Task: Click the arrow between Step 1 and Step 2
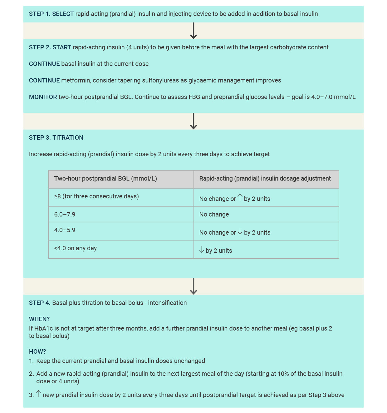coord(193,31)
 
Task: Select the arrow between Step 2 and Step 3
coord(193,121)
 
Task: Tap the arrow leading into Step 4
coord(193,286)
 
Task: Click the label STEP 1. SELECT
coord(51,14)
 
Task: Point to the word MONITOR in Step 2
coord(43,97)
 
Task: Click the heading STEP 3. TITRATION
coord(56,137)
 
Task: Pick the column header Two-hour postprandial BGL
coord(105,178)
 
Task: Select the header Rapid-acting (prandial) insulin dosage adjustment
coord(265,178)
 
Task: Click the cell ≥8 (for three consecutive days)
coord(96,196)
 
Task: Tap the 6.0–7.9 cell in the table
coord(65,214)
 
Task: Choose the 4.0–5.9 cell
coord(65,230)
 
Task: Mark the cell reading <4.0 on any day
coord(75,248)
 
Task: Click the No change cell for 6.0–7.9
coord(214,214)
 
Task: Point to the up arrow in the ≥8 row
coord(240,197)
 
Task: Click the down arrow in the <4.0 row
coord(202,250)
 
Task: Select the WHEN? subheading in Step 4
coord(39,319)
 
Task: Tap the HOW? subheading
coord(37,351)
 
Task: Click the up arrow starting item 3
coord(39,394)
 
